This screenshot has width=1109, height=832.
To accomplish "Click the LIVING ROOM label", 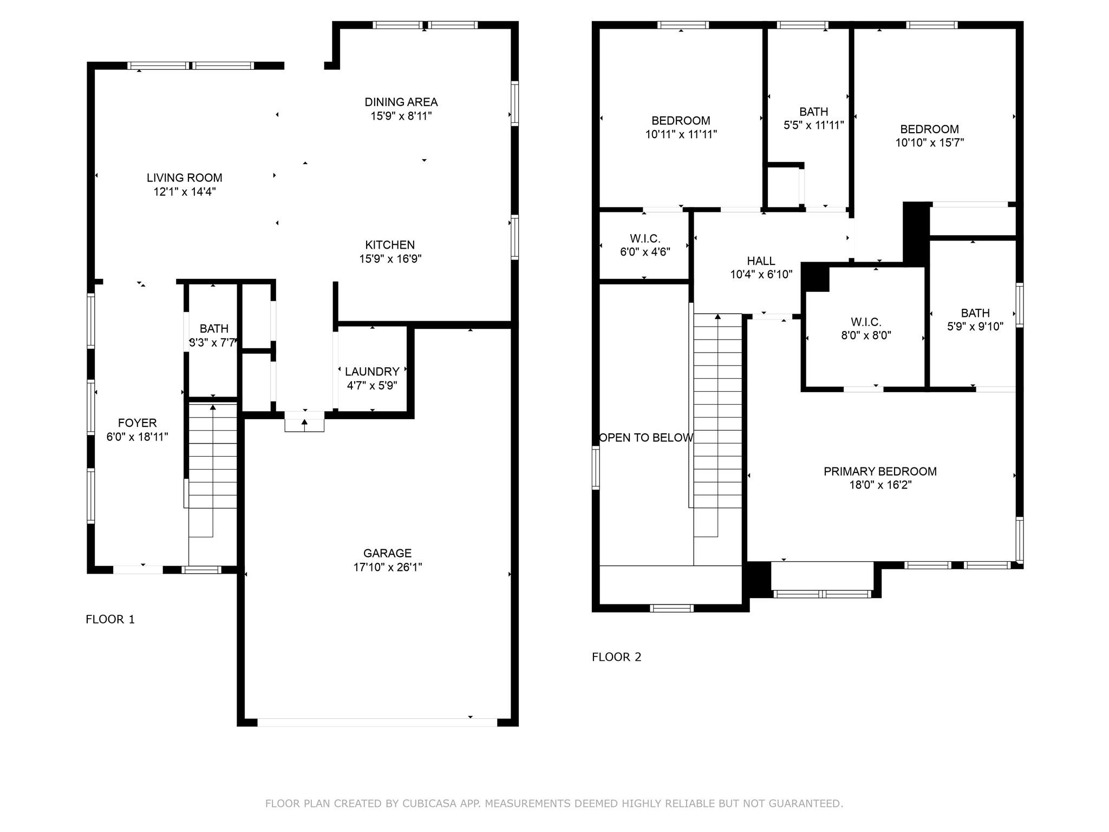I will click(x=184, y=178).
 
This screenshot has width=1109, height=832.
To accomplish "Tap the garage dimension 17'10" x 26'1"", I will click(x=387, y=567).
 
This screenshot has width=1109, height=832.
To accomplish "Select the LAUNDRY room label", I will click(x=372, y=372).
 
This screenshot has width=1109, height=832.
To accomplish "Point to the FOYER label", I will click(x=137, y=423).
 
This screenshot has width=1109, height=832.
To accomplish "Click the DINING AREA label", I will click(x=401, y=102).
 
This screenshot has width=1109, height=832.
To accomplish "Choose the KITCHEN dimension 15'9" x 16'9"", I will click(x=390, y=259).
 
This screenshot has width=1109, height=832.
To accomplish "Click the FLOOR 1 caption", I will click(x=110, y=619).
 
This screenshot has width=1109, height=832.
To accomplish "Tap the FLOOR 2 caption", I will click(x=616, y=657).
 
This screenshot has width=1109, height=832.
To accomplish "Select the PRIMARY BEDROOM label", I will click(x=880, y=471).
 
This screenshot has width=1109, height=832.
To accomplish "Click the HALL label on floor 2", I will click(x=761, y=261).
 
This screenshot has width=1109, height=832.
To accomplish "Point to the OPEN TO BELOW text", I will click(x=645, y=438).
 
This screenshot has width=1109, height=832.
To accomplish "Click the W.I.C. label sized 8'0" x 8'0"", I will click(x=866, y=322).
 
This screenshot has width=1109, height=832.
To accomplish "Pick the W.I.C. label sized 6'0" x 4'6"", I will click(x=645, y=238).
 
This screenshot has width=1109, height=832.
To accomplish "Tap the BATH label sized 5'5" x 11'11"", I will click(x=813, y=112).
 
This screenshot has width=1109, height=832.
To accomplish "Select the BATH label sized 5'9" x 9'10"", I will click(x=975, y=313).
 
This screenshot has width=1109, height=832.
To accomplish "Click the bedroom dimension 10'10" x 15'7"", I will click(x=929, y=143).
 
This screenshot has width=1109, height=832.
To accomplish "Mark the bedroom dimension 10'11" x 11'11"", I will click(x=681, y=134).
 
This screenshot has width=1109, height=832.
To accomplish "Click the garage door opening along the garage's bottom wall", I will click(x=377, y=722).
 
